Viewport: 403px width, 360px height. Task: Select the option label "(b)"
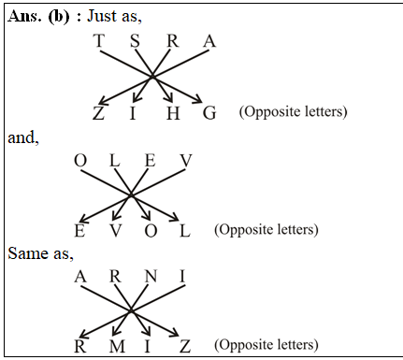pyautogui.click(x=56, y=17)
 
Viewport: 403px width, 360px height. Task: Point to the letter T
pyautogui.click(x=98, y=41)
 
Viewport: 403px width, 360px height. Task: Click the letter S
pyautogui.click(x=135, y=41)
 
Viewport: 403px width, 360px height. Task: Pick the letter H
pyautogui.click(x=171, y=113)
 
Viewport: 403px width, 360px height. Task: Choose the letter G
pyautogui.click(x=209, y=113)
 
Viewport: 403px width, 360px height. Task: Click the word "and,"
pyautogui.click(x=22, y=137)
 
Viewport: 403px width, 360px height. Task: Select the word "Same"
pyautogui.click(x=25, y=252)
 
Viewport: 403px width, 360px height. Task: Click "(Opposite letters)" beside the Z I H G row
pyautogui.click(x=293, y=112)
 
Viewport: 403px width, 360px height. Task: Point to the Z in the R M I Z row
pyautogui.click(x=185, y=346)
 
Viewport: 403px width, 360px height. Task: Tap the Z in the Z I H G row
pyautogui.click(x=98, y=113)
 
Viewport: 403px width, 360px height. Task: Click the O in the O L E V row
pyautogui.click(x=80, y=161)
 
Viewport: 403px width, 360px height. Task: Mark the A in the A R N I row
pyautogui.click(x=80, y=277)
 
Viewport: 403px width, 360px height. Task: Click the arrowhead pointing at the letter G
pyautogui.click(x=198, y=98)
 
